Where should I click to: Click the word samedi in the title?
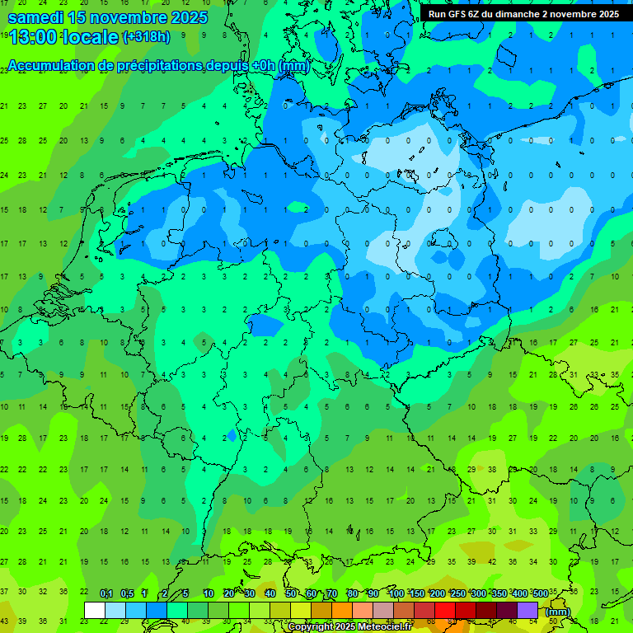(36, 17)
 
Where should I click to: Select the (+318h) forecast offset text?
(146, 37)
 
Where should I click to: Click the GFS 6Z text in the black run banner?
(462, 14)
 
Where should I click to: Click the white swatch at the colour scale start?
(95, 611)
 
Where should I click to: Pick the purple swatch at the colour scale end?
(527, 611)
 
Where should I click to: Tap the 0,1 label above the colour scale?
(106, 594)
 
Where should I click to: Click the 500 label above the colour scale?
(540, 594)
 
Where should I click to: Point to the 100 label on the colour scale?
(396, 594)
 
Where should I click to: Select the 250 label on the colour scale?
(457, 594)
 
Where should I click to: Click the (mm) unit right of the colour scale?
(558, 612)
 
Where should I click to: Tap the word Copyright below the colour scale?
(312, 627)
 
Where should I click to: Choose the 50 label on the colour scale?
(291, 594)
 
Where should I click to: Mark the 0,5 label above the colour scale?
(127, 594)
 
